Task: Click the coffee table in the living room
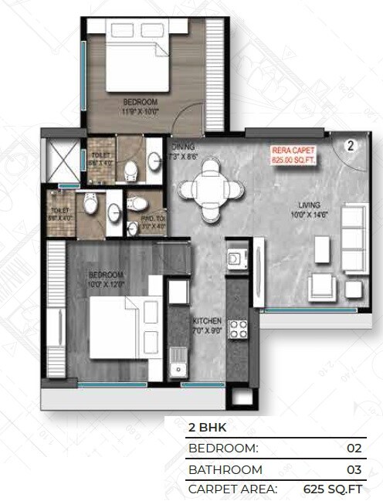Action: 322,249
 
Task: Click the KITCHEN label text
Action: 207,320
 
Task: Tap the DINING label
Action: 184,147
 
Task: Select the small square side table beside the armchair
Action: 354,289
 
